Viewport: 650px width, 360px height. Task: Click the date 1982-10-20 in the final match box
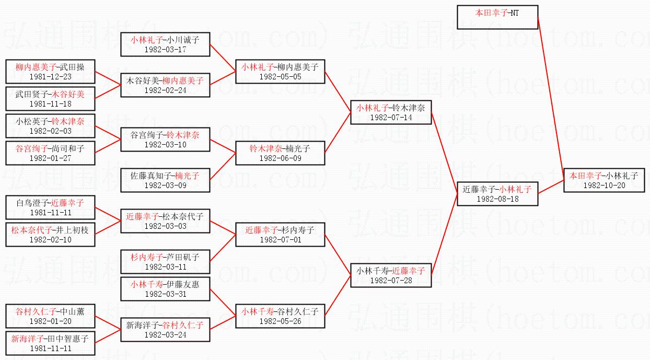coord(604,185)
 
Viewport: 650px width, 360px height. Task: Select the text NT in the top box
coord(515,13)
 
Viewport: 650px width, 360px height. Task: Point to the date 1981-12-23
coord(50,76)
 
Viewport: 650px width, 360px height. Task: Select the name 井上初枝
coord(73,230)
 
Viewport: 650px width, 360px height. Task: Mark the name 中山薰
coord(73,311)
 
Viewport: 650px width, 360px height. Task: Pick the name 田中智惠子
coord(73,338)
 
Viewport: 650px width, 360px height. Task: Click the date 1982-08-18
coord(497,199)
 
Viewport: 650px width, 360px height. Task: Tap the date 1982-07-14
coord(391,118)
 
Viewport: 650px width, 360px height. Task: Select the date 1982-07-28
coord(391,281)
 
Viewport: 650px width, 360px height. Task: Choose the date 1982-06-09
coord(280,158)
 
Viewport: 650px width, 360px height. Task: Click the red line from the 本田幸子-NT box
coord(550,94)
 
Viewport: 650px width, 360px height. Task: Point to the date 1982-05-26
coord(280,321)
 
